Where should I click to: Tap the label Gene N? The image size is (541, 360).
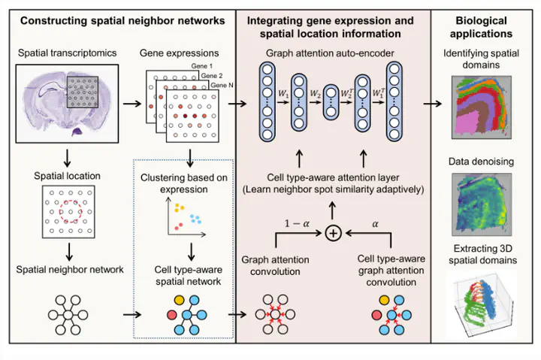[x=221, y=86]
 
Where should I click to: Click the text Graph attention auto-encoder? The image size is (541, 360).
[x=332, y=54]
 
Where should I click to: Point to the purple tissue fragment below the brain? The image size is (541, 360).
[x=77, y=132]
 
